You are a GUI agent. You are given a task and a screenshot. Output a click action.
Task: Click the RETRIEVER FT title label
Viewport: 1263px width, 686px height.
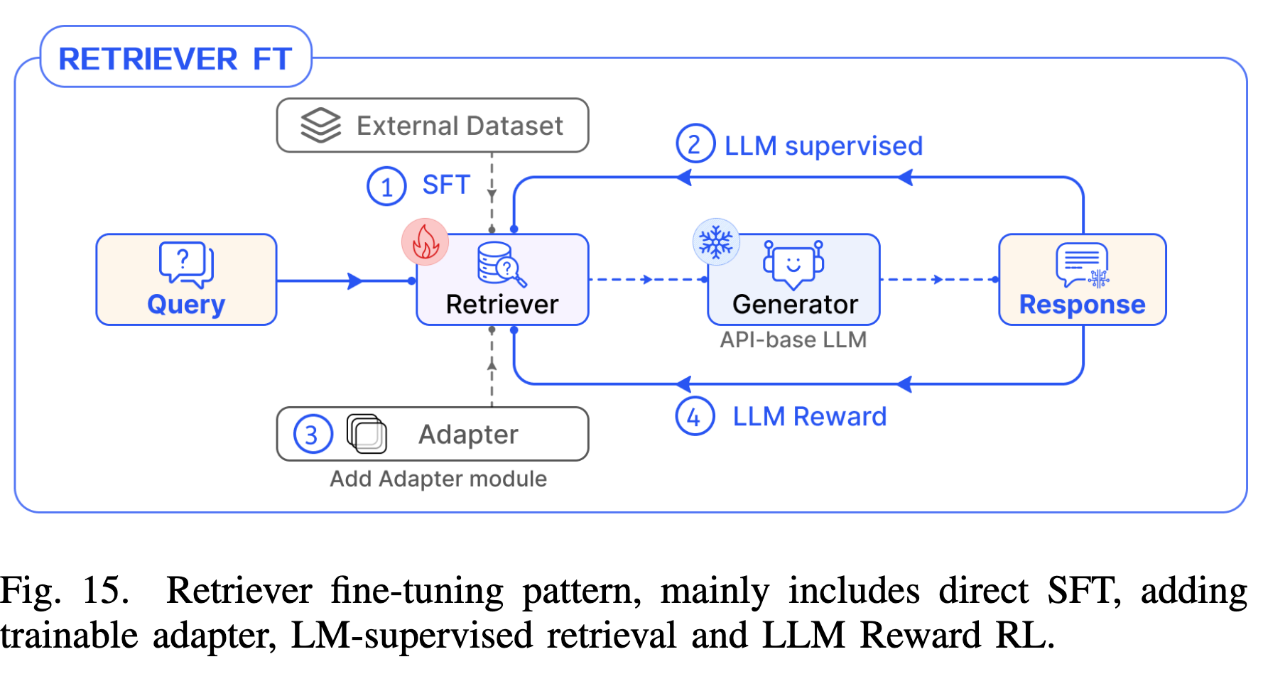175,58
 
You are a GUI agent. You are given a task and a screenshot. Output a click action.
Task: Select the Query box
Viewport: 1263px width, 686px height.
186,280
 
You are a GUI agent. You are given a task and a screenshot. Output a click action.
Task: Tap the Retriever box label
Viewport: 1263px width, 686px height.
502,304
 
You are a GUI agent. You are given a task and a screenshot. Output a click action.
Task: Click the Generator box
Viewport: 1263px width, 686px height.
793,280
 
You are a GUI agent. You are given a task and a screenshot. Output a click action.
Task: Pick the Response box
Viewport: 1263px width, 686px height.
1082,280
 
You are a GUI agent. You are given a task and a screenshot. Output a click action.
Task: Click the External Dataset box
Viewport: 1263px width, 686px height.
433,126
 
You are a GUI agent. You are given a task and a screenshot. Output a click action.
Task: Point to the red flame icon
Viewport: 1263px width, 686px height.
425,242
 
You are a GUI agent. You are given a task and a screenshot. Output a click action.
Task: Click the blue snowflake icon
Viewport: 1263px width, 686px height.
716,241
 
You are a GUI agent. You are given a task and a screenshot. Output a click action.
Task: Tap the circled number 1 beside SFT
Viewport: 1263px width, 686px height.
386,186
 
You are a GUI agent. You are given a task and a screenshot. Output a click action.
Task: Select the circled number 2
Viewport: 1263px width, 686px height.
695,144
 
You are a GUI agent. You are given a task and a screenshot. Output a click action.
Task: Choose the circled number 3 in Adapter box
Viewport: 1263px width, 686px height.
313,435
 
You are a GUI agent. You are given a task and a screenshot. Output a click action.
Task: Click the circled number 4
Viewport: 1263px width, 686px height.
694,416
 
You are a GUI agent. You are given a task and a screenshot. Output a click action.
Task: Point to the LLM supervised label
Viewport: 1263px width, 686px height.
823,146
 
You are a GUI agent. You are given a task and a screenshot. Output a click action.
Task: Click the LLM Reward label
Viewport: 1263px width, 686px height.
809,416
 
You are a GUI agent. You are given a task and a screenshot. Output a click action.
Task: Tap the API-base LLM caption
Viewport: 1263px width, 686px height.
793,339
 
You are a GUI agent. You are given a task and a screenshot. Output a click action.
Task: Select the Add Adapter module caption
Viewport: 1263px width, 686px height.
438,479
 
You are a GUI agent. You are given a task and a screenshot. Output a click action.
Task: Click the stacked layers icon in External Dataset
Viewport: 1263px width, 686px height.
320,125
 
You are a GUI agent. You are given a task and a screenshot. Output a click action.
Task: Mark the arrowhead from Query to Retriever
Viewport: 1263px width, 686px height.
355,281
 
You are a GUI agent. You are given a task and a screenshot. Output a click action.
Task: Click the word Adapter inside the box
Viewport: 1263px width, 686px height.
468,435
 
